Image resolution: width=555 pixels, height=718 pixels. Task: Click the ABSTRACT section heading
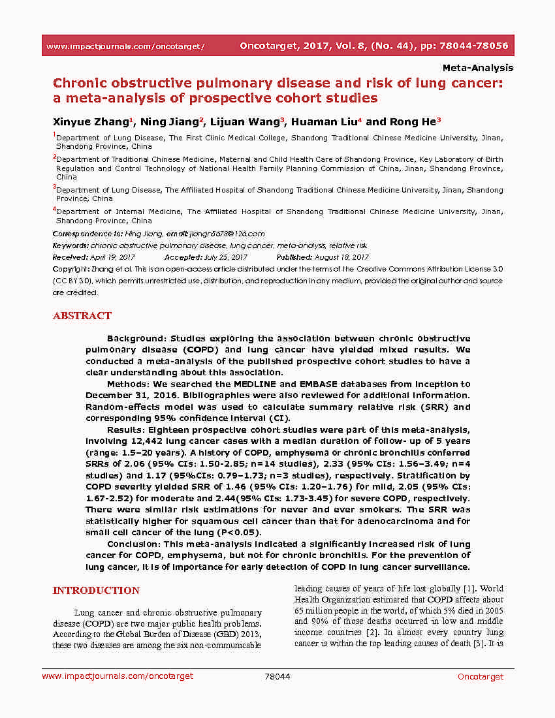(x=82, y=316)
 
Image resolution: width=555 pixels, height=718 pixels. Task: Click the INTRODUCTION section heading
(x=96, y=591)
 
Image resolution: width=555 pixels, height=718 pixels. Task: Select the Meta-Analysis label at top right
(x=478, y=68)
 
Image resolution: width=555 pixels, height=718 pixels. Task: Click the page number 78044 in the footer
(x=277, y=676)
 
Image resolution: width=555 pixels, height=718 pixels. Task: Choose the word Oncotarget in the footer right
(x=481, y=676)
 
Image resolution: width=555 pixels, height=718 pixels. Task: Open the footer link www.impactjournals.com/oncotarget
(x=118, y=676)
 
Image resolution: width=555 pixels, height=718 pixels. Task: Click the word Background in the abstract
(x=135, y=338)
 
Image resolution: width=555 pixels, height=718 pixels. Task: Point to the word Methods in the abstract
(x=126, y=384)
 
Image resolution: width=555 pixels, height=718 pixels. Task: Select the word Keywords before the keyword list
(x=70, y=245)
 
